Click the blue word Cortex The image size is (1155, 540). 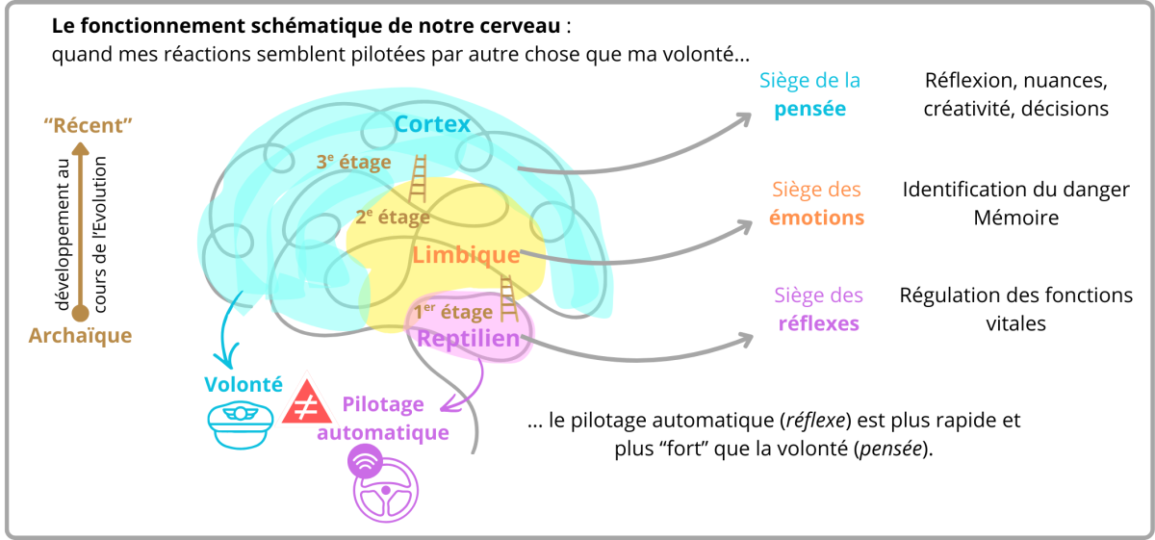coord(432,124)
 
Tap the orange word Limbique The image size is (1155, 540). coord(466,255)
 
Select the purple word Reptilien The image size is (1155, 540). coord(468,338)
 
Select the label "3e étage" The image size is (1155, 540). coord(354,162)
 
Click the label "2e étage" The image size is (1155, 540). coord(393,217)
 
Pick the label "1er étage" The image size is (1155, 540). coord(453,311)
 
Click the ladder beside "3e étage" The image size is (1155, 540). coord(419,179)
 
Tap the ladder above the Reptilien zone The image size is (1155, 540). coord(508,299)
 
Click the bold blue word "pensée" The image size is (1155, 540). coord(811,109)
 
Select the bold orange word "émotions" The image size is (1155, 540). coord(816,218)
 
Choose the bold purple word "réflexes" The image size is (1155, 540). coord(818,323)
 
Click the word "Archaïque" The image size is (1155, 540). coord(80,336)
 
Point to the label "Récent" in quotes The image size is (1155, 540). coord(88,125)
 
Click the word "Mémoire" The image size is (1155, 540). coord(1015,218)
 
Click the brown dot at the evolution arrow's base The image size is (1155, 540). coord(81,312)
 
